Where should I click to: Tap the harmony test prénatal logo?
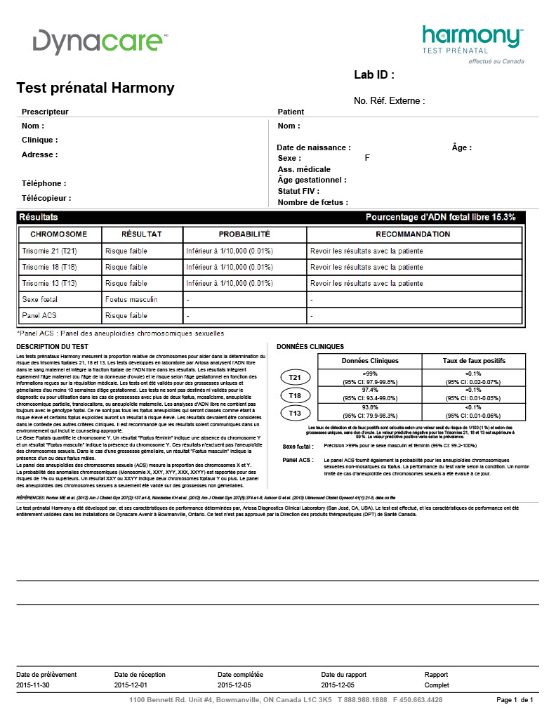pos(472,41)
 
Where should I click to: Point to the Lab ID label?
pos(374,75)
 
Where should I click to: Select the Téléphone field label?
pos(44,183)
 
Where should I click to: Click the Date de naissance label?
pos(313,147)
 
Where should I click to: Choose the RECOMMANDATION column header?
pos(413,234)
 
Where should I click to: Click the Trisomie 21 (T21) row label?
pos(49,251)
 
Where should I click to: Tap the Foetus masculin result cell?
pos(131,300)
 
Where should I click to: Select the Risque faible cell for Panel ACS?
pos(126,316)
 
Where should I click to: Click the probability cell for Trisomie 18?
pos(230,267)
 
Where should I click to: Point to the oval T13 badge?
pos(296,413)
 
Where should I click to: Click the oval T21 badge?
pos(296,378)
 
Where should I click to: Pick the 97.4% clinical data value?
pos(370,389)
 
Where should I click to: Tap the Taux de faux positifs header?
pos(474,360)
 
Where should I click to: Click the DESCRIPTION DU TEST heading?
pos(53,347)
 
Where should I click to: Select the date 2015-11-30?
pos(34,685)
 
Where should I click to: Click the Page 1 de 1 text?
pos(515,700)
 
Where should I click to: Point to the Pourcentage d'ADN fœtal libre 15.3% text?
pos(440,218)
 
